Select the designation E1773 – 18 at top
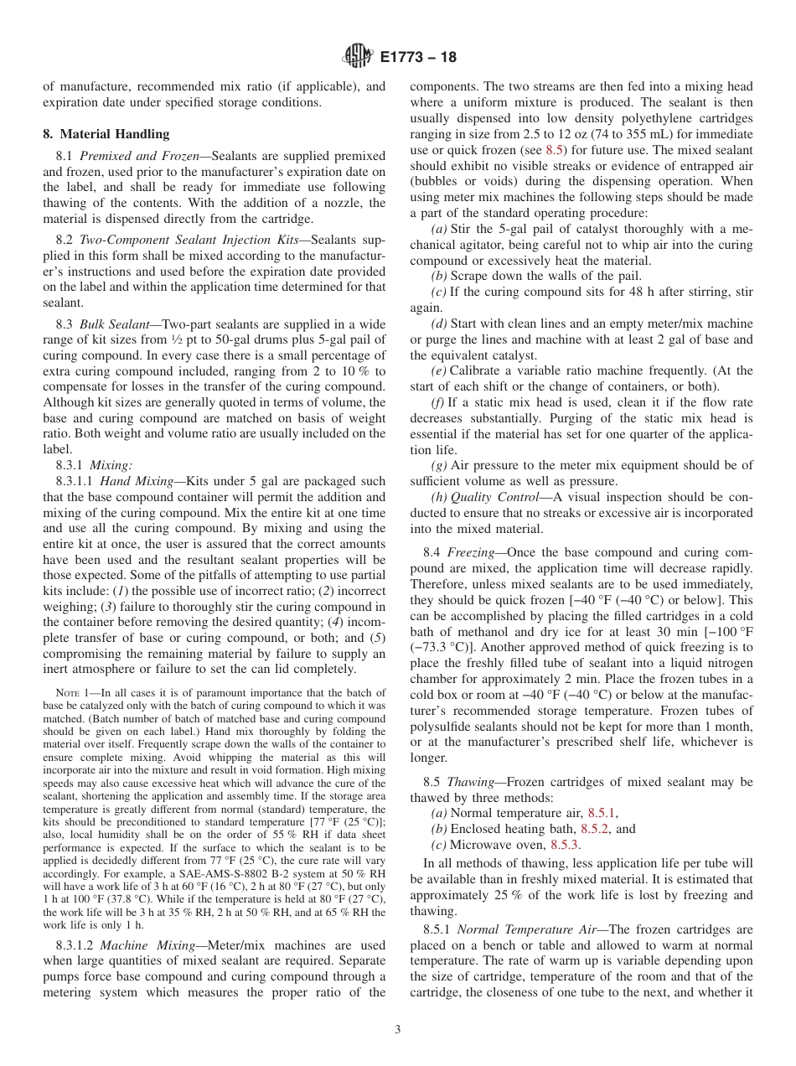[x=418, y=58]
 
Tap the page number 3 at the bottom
[x=398, y=1030]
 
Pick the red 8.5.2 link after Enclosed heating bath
[x=597, y=829]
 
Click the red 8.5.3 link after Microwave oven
[x=565, y=845]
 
